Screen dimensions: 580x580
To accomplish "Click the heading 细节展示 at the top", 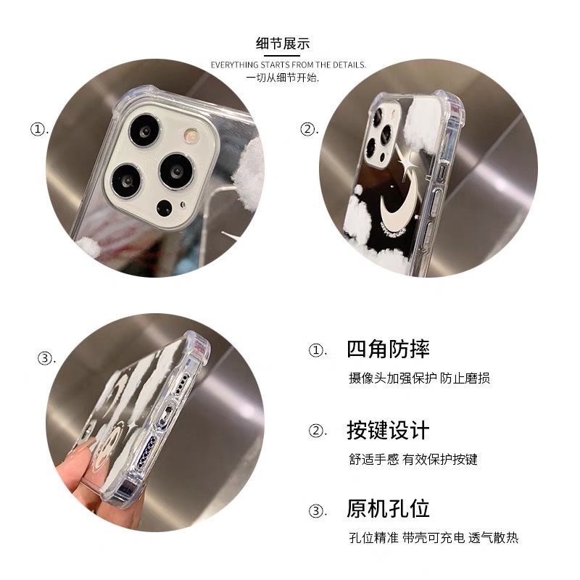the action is pos(283,43).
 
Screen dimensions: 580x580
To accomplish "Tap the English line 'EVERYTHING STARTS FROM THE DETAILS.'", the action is pos(289,65).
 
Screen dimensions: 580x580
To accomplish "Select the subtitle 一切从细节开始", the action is pos(283,78).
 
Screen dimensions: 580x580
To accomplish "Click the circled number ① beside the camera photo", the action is pos(38,129).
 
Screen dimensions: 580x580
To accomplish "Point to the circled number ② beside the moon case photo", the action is pos(307,129).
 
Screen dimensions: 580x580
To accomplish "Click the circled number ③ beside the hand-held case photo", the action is pos(45,358).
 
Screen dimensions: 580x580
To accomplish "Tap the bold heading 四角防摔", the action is pos(388,349).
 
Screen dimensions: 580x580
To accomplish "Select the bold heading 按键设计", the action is pos(388,430).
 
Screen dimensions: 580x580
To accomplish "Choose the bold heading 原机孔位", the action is pos(388,509).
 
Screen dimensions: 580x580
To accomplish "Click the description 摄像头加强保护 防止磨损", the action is pos(420,378).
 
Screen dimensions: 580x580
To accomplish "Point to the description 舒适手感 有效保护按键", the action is pos(413,459).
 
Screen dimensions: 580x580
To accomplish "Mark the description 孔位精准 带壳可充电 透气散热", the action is pos(434,537).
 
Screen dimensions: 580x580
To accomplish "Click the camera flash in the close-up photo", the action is pos(191,136).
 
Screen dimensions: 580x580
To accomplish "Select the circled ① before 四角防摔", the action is pos(316,350).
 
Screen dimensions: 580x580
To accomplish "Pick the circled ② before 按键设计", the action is pos(316,431).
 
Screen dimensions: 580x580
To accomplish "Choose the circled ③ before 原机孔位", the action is pos(316,511).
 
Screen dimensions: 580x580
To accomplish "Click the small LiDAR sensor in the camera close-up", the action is pos(165,208).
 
